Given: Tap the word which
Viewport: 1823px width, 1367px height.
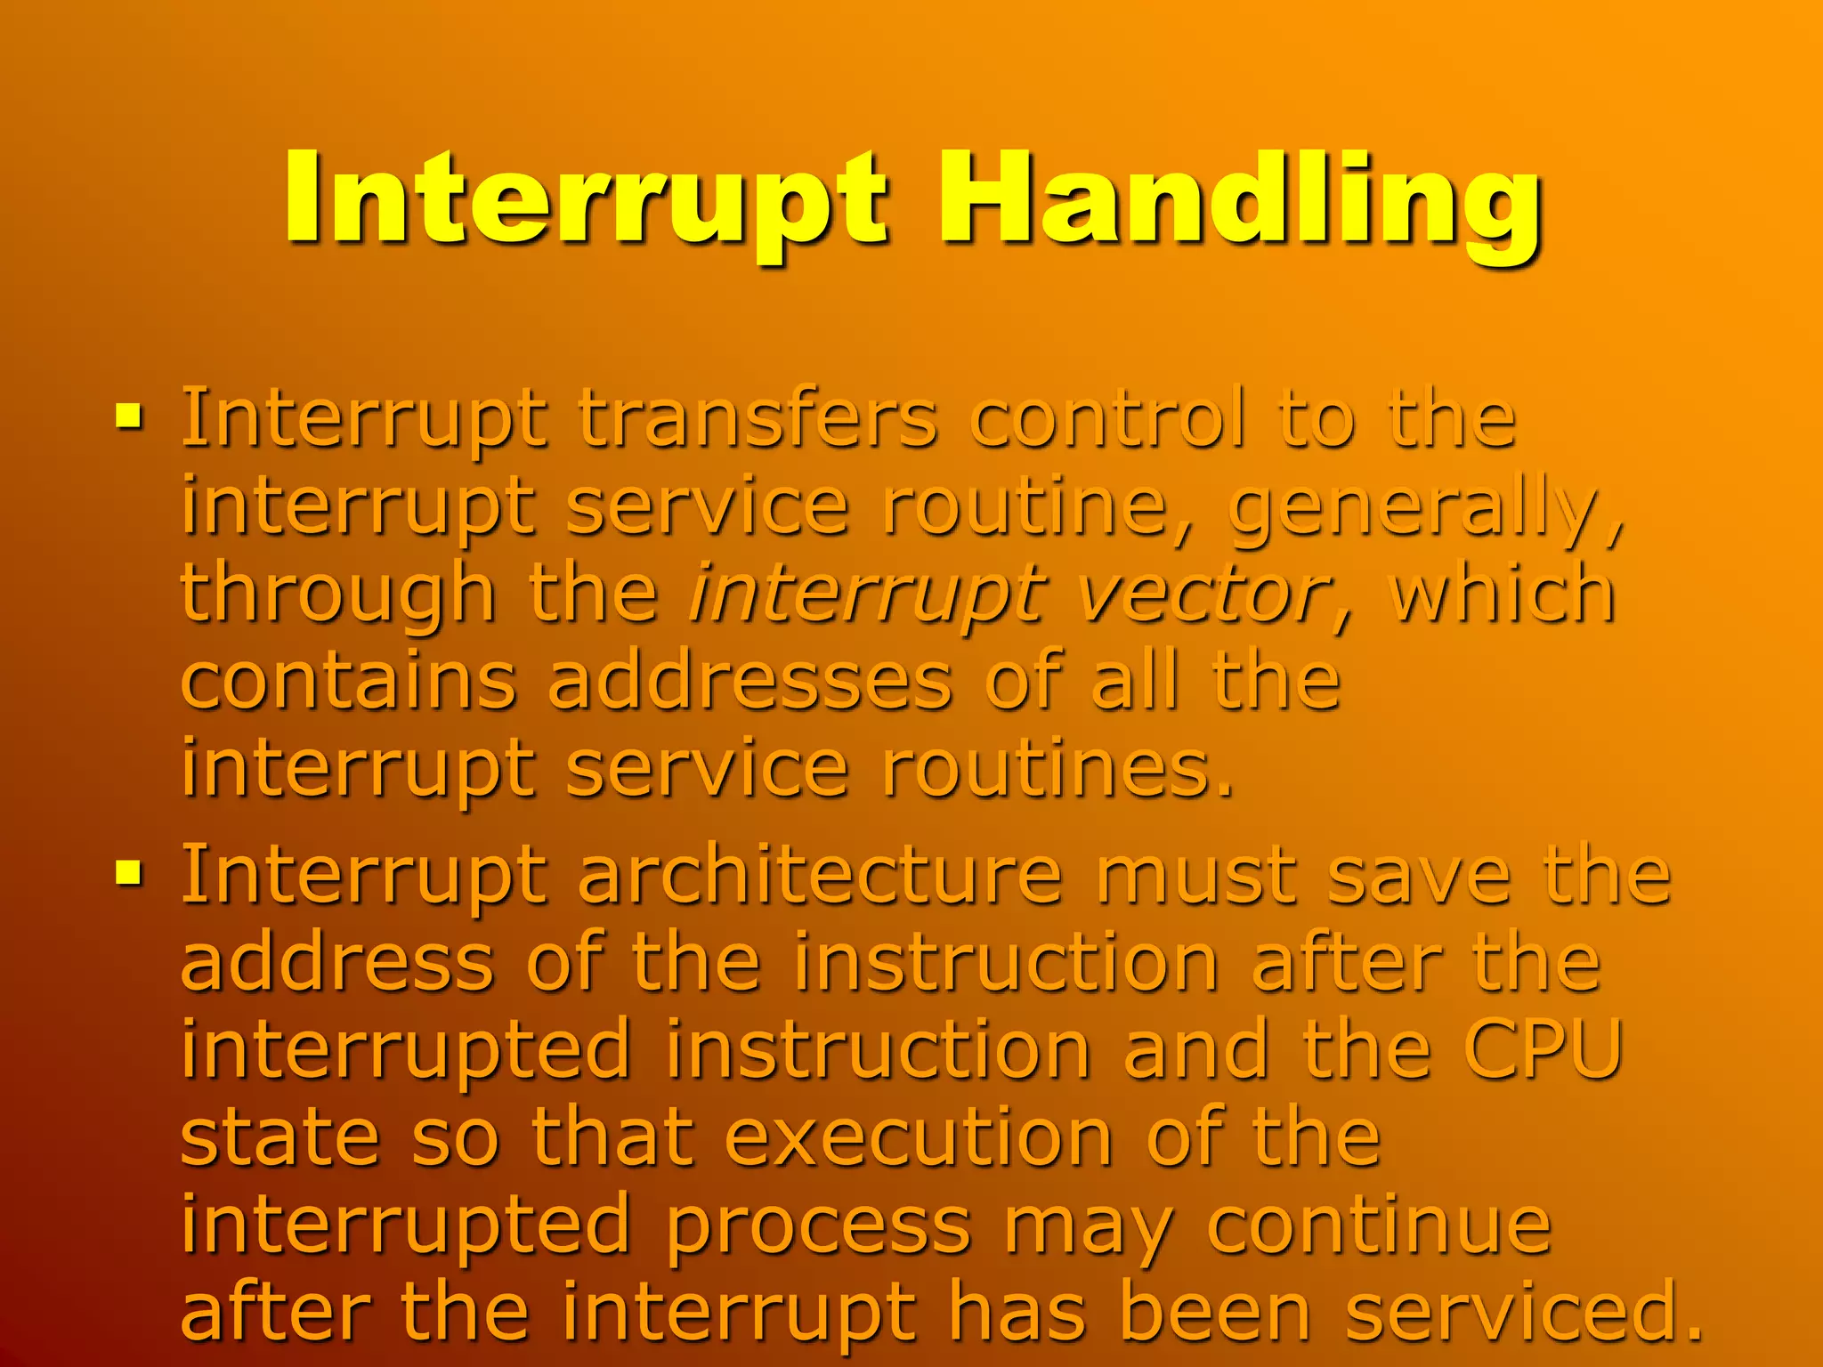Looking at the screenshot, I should pos(1502,595).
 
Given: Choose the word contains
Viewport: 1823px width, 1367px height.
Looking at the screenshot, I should pos(348,682).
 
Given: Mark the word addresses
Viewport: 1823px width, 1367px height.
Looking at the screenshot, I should pos(749,682).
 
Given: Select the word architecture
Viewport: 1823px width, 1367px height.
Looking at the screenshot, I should pos(820,876).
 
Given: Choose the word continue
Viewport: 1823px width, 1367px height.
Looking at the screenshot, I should pos(1379,1226).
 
